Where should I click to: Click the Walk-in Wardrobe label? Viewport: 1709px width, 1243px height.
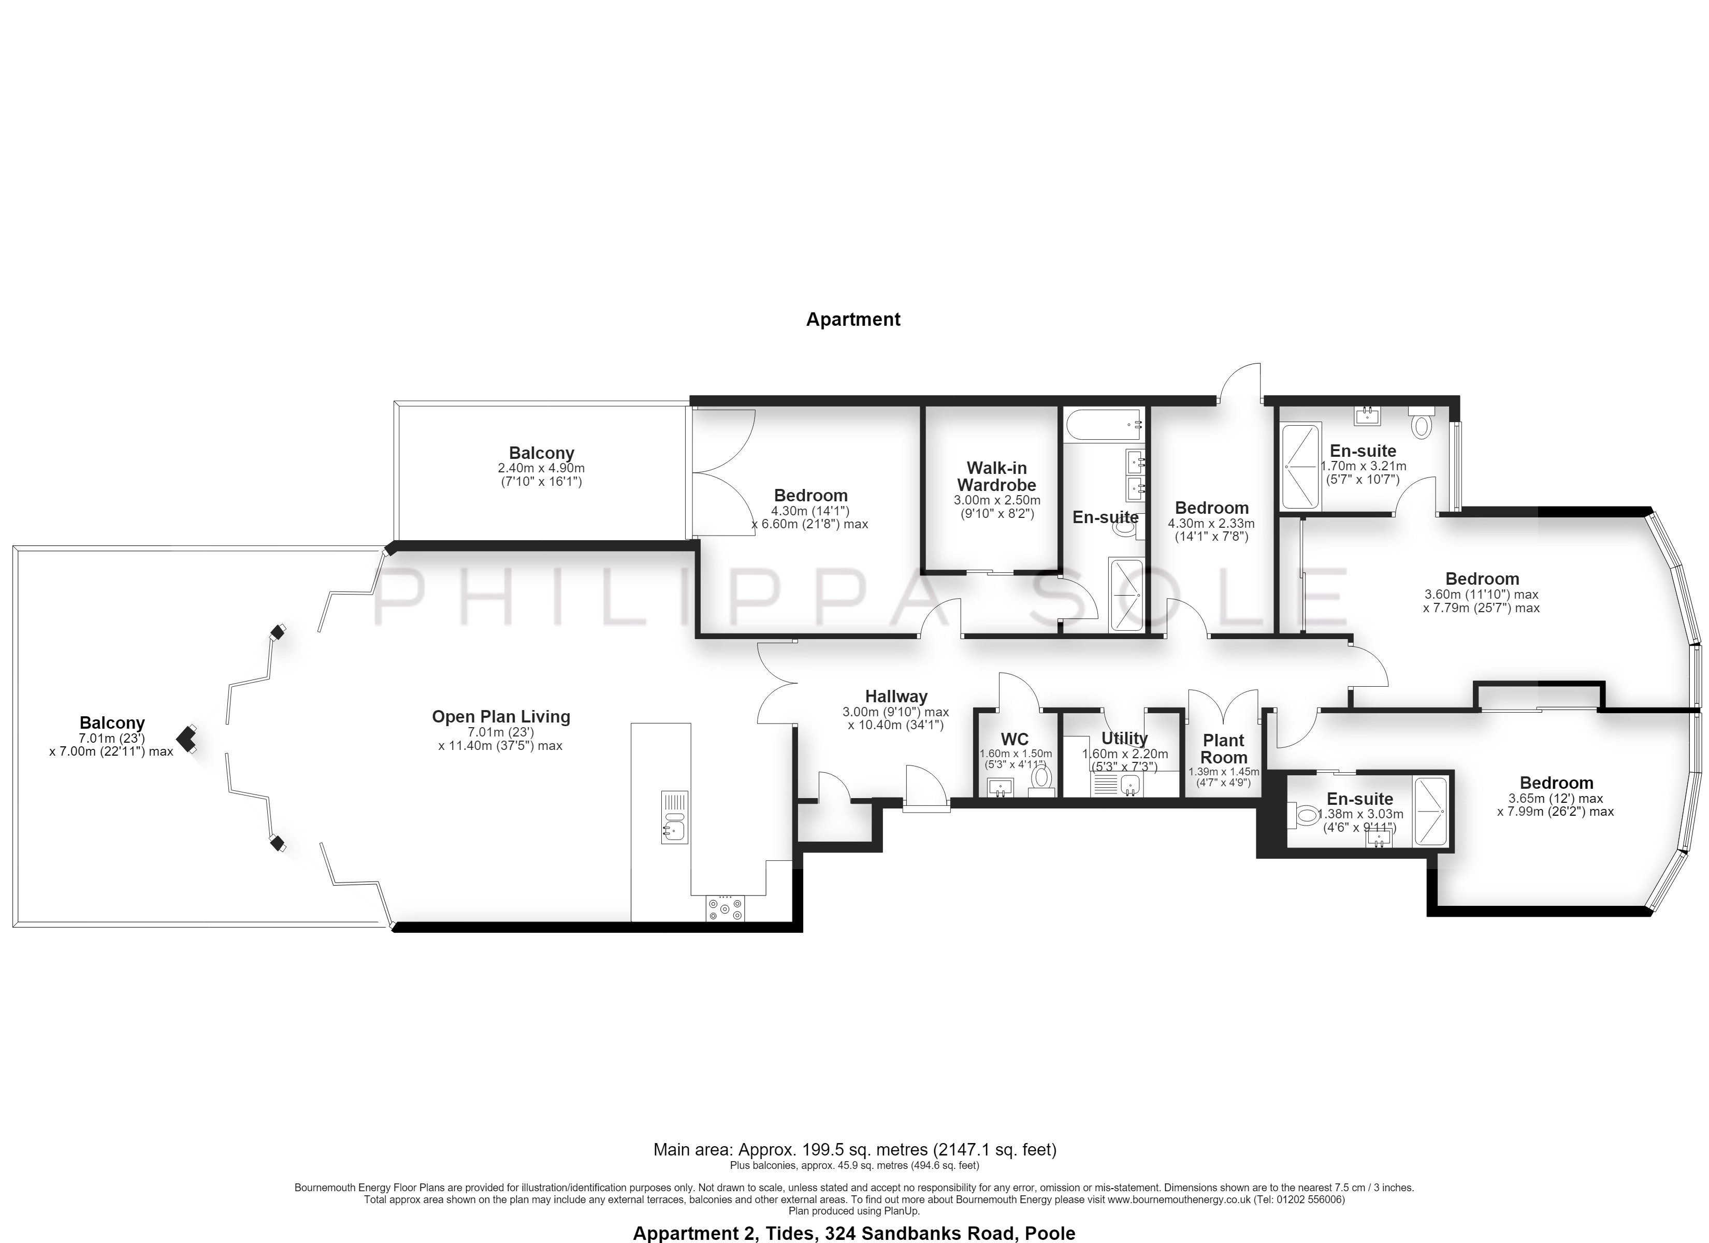point(996,476)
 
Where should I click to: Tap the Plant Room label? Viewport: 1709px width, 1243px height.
point(1224,748)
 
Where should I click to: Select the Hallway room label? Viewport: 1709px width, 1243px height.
point(896,697)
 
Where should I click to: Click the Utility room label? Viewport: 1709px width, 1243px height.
point(1124,739)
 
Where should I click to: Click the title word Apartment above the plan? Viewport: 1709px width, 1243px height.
point(853,320)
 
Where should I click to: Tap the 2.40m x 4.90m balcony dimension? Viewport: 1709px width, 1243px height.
point(541,468)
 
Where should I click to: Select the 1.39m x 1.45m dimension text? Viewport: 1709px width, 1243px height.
point(1224,772)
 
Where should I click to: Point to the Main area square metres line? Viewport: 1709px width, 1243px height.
point(854,1150)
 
